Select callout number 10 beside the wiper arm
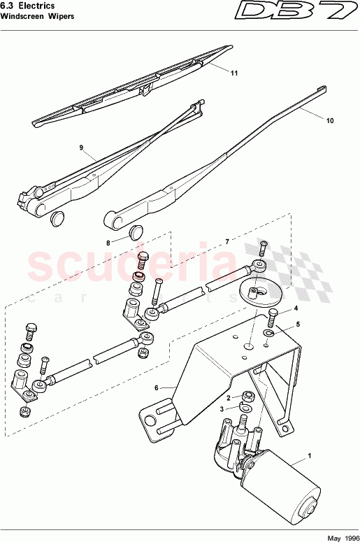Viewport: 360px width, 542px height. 330,120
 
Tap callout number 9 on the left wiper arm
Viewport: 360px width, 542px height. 82,148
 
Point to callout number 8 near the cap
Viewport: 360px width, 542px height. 108,243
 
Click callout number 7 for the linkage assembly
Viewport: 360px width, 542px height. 226,241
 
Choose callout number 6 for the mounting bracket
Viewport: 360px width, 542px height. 158,387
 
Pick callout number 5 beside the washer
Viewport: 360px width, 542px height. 297,325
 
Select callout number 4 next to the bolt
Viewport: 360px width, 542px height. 296,308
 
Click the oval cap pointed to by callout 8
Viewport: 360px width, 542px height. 137,231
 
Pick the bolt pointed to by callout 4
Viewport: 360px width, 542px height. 271,317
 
